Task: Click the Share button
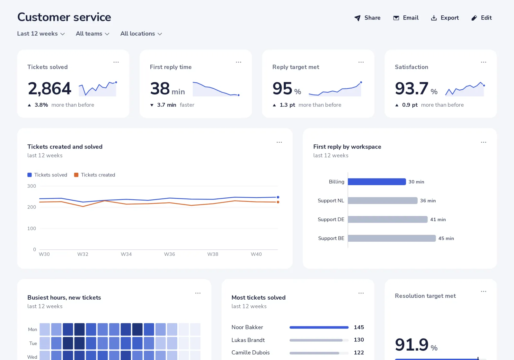tap(368, 18)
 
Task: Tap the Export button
tap(445, 18)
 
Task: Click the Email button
tap(406, 18)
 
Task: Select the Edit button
tap(482, 18)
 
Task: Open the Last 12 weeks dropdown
tap(41, 33)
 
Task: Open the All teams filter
tap(93, 33)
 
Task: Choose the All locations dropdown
tap(141, 33)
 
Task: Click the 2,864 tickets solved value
tap(49, 88)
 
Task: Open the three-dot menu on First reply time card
tap(238, 62)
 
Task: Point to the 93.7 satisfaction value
tap(412, 88)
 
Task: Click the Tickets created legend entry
tap(94, 175)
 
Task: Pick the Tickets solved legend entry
tap(47, 175)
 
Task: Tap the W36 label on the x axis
tap(169, 254)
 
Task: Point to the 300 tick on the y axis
tap(32, 186)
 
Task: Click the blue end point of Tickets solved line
tap(278, 197)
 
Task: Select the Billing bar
tap(377, 182)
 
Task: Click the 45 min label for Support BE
tap(446, 238)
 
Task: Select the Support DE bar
tap(387, 219)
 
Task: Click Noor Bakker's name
tap(247, 327)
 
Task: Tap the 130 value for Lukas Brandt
tap(359, 340)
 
